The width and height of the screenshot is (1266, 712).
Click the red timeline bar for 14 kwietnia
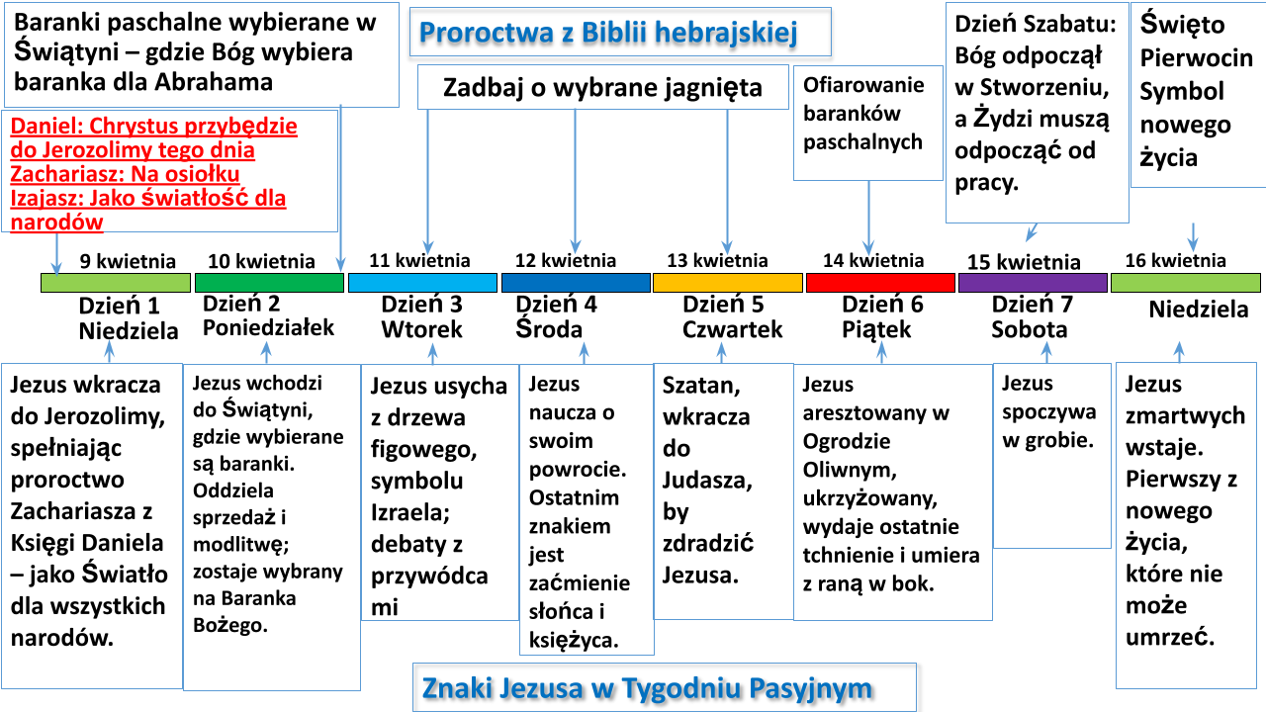point(880,283)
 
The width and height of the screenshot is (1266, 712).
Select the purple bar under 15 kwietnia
point(1033,283)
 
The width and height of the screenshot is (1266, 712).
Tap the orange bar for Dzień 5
point(727,283)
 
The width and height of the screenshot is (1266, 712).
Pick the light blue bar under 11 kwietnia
point(422,283)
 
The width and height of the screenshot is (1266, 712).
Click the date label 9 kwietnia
point(128,261)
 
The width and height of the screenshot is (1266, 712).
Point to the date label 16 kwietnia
point(1176,260)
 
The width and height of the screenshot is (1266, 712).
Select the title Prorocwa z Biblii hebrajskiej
point(608,33)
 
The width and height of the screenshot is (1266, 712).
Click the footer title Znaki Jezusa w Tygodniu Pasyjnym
point(647,688)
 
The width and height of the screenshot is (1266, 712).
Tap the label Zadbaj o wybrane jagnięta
point(602,88)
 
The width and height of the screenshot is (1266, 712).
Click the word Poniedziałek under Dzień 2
point(268,327)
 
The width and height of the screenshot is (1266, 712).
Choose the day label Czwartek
point(733,329)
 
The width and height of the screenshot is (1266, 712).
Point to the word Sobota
point(1030,329)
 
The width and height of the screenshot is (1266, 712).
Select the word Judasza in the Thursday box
point(707,481)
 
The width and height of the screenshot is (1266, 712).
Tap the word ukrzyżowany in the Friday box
point(870,498)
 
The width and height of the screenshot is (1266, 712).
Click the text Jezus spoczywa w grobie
point(1049,412)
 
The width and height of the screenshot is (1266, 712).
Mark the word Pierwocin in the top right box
point(1196,57)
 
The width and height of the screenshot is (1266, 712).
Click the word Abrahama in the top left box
point(214,82)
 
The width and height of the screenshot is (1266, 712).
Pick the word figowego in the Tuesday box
point(424,450)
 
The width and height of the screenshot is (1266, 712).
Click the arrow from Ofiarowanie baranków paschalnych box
point(868,219)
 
